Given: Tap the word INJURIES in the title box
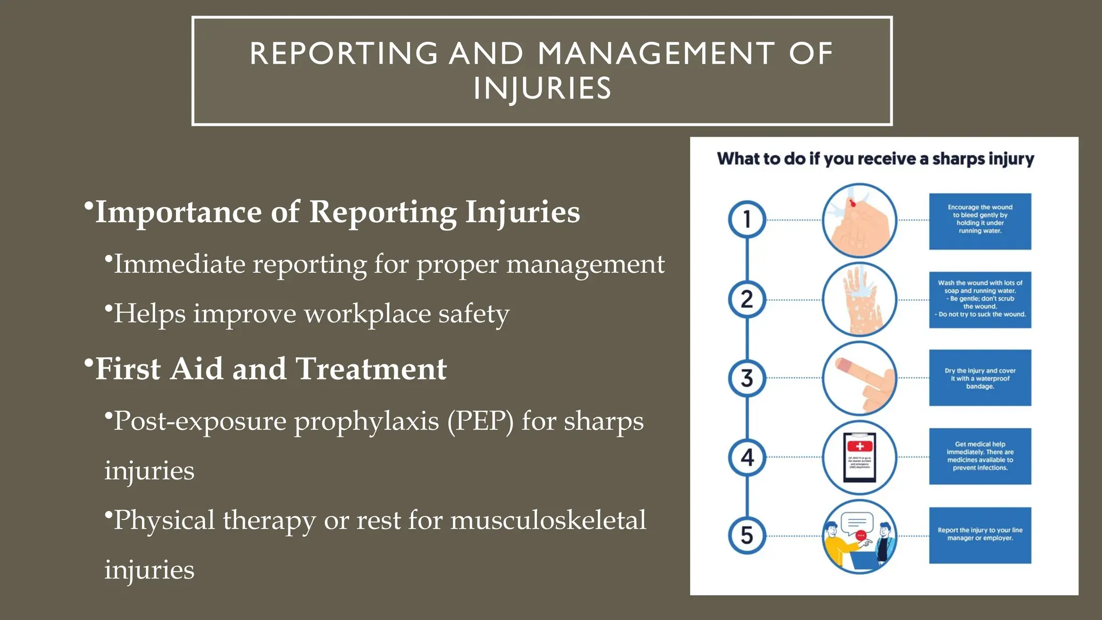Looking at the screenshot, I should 542,89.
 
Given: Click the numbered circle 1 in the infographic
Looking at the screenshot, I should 747,220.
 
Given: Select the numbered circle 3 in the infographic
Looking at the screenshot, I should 747,378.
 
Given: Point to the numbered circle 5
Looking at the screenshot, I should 747,535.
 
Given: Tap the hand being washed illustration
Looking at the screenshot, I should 859,300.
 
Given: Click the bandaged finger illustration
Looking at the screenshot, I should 859,378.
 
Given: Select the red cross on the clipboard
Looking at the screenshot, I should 860,446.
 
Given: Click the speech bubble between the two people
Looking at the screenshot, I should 857,523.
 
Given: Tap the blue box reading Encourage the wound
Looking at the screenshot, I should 980,221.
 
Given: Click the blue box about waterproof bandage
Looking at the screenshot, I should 980,378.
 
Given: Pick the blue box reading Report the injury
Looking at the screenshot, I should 980,535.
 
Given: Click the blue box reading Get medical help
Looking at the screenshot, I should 980,456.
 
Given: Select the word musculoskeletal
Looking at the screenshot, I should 548,520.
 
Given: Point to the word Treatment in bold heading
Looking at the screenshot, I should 371,369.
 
